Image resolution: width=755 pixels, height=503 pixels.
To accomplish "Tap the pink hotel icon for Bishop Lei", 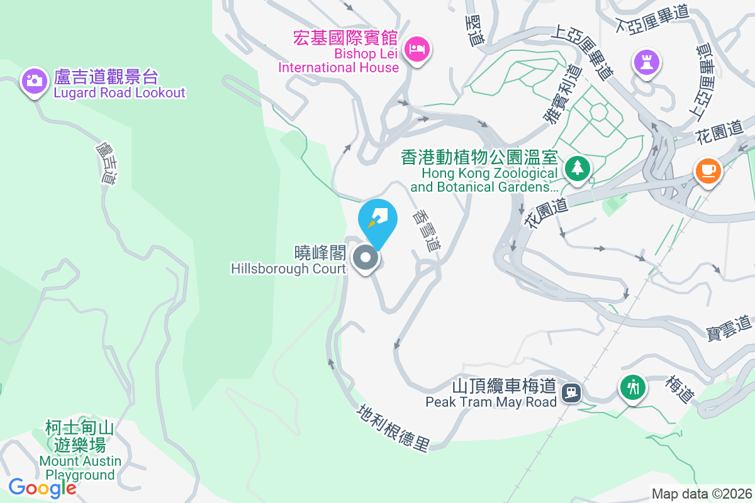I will click(x=417, y=48).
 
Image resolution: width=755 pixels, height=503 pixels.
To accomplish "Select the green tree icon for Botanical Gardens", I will click(x=577, y=168).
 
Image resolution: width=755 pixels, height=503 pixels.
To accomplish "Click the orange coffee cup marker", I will click(x=708, y=170).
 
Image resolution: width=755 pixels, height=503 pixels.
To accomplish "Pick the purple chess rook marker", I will click(x=647, y=62).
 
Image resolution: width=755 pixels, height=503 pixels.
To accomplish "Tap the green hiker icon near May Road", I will click(x=633, y=387).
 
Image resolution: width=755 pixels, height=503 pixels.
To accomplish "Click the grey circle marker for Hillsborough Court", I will click(x=365, y=258).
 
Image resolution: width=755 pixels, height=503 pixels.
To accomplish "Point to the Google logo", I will click(x=42, y=487).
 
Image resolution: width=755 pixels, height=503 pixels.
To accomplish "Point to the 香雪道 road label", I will click(x=426, y=230).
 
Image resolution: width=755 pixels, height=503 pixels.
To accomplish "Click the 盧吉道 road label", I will click(x=107, y=162).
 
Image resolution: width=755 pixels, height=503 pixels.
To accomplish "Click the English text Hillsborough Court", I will click(x=288, y=269).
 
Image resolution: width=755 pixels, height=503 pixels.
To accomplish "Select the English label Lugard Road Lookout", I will click(x=120, y=93).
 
